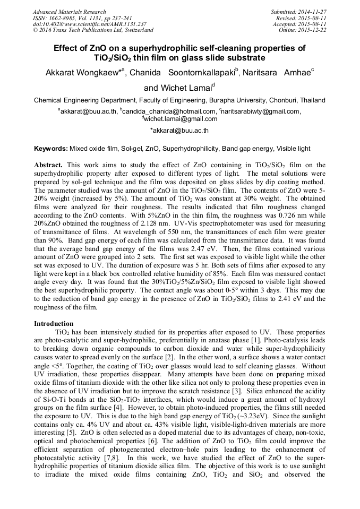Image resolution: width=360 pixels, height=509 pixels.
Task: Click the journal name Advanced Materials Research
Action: pos(69,12)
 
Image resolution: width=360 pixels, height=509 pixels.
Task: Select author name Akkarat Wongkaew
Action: pos(83,73)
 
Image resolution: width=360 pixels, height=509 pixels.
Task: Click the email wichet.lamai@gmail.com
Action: pos(181,119)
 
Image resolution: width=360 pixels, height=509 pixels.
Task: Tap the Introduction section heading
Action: pos(54,323)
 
